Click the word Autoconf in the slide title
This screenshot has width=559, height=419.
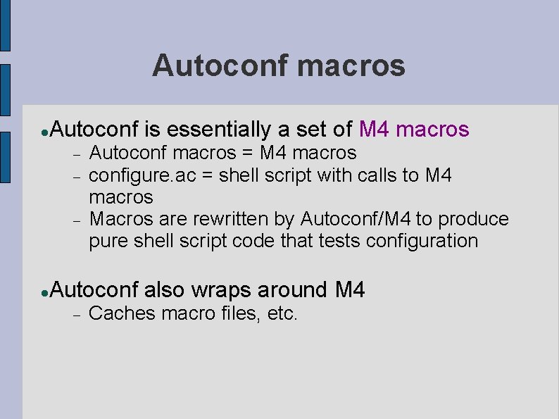click(x=221, y=66)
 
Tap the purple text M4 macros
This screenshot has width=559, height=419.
click(x=413, y=130)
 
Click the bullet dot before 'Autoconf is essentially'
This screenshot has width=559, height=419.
click(x=44, y=132)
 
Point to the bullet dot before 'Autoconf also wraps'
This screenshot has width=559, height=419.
click(x=44, y=291)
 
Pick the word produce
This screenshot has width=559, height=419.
click(x=473, y=218)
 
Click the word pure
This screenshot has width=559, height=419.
click(x=106, y=241)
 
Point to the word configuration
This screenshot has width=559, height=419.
click(x=420, y=241)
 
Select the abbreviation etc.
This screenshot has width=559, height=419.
click(x=283, y=313)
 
